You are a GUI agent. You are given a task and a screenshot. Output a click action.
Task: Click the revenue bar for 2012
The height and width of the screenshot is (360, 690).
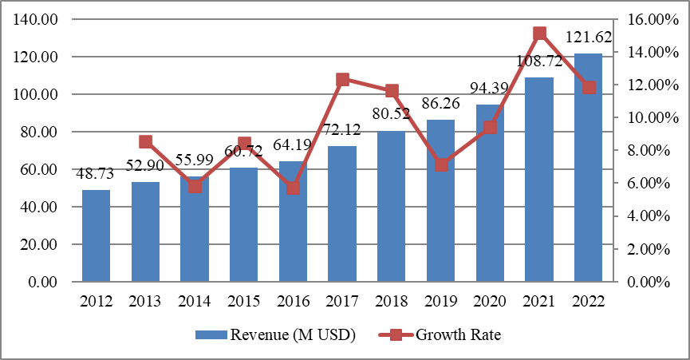tap(96, 235)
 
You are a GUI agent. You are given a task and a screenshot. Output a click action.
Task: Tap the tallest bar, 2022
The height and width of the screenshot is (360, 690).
tap(589, 168)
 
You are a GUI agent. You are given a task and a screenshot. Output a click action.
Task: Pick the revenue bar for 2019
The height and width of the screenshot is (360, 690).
tap(441, 200)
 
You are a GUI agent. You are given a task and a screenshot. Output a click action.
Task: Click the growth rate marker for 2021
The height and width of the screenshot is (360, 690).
tap(539, 34)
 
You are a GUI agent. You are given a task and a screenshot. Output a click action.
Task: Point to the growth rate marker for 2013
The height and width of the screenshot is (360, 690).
tap(145, 142)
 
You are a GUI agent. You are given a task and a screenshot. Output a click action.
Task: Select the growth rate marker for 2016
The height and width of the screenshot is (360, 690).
tap(293, 188)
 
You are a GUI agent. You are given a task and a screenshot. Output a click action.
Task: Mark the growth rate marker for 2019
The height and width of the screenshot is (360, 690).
tap(441, 165)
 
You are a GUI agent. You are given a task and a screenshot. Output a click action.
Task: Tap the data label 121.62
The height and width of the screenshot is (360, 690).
tap(589, 37)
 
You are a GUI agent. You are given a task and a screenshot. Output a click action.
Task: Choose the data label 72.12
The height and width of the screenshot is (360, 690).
tap(342, 130)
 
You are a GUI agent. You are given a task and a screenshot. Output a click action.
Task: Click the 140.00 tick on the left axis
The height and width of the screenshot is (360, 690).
tap(37, 20)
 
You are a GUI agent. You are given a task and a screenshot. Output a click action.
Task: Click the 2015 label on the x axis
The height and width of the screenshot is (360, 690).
tap(244, 301)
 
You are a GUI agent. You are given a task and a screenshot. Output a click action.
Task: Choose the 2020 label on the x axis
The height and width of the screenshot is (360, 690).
tap(490, 301)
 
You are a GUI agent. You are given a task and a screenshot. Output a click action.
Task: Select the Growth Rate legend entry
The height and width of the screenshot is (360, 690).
tap(457, 335)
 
